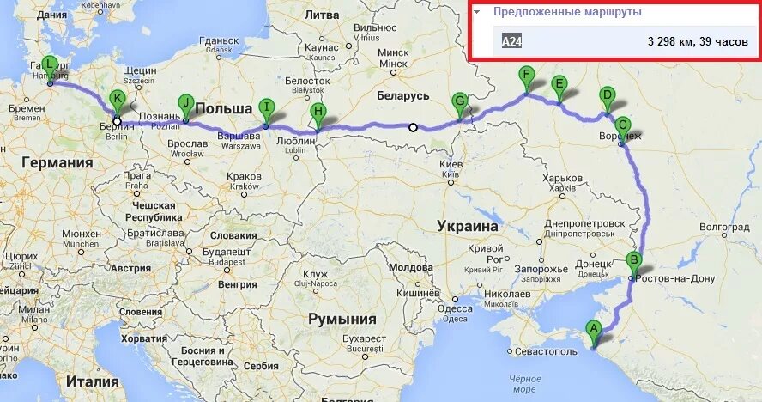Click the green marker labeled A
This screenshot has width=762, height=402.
593,327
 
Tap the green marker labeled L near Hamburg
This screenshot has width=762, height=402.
49,64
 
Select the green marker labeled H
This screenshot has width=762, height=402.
318,111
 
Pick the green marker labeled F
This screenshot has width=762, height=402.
527,75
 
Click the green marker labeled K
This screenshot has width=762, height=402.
117,99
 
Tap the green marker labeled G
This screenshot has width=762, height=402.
460,100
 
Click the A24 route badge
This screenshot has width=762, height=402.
511,40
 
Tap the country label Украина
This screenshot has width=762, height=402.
468,226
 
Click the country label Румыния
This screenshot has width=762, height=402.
343,319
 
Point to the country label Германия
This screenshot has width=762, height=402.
57,162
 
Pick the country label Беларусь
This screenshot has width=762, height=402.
402,95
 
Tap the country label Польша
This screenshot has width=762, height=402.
223,108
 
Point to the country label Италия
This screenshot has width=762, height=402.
93,381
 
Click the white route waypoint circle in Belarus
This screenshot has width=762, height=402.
413,128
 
